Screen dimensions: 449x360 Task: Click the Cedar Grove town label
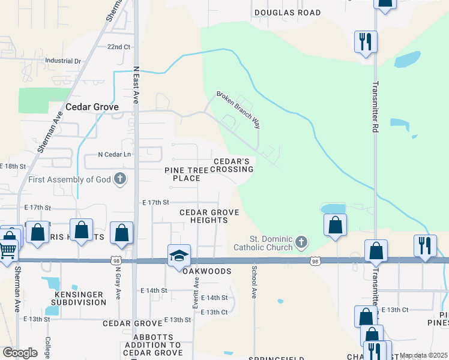click(92, 107)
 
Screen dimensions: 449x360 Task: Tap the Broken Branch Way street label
click(239, 110)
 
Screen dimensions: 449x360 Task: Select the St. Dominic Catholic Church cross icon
click(301, 242)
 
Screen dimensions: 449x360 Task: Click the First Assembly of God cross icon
click(121, 179)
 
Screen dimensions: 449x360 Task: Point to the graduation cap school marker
click(179, 256)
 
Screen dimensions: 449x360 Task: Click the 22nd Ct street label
click(118, 47)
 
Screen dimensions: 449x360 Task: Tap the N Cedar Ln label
click(115, 154)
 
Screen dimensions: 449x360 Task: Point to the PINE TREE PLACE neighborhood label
click(186, 174)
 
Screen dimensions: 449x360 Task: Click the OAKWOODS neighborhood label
click(206, 271)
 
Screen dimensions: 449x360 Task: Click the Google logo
click(20, 353)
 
